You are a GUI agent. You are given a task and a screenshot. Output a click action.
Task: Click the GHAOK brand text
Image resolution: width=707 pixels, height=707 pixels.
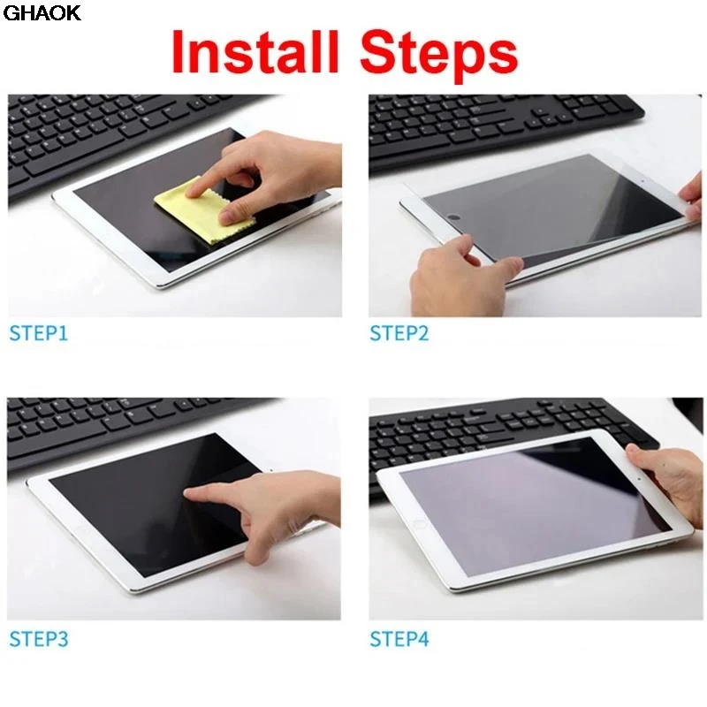click(42, 12)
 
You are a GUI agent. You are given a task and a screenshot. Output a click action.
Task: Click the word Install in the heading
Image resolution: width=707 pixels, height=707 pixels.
click(255, 51)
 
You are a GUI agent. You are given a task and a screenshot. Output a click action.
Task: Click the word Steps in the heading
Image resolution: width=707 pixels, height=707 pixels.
click(438, 54)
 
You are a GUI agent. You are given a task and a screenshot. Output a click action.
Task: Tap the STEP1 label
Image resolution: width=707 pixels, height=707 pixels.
click(38, 333)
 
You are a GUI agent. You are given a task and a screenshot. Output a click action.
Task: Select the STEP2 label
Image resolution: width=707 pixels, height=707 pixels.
click(399, 333)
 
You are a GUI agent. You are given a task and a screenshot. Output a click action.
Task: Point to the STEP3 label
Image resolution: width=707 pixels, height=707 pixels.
click(39, 639)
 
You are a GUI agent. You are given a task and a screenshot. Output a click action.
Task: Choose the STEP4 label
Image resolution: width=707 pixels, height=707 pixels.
click(399, 639)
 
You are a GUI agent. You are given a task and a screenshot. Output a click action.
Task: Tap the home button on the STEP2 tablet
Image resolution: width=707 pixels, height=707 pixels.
click(454, 217)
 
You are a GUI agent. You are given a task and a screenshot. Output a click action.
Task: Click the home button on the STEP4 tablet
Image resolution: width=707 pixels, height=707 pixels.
click(419, 524)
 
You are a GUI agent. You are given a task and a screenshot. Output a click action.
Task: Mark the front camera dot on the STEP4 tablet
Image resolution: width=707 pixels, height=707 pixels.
click(640, 479)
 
